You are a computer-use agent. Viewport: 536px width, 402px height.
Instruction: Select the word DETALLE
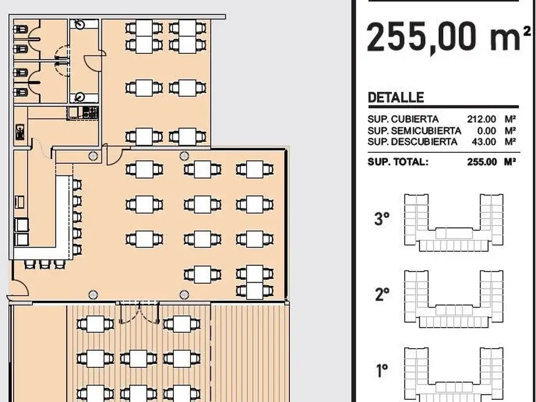tap(396, 98)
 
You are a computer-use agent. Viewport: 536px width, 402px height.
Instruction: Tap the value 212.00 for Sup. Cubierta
tap(482, 119)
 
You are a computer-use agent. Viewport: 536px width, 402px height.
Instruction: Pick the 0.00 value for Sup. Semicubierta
tap(486, 131)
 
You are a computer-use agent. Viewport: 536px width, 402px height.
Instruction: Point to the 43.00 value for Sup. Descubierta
tap(484, 142)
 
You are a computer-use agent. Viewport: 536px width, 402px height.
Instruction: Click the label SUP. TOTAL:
tap(398, 162)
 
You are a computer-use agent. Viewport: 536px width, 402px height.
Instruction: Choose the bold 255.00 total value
tap(482, 162)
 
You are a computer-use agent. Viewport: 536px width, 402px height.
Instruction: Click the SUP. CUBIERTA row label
tap(403, 119)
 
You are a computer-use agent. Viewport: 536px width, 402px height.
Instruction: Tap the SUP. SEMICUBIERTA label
tap(415, 131)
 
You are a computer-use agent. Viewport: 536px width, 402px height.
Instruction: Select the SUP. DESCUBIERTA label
tap(412, 142)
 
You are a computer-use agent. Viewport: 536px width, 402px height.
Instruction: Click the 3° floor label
tap(382, 219)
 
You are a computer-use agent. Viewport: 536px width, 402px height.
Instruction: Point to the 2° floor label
tap(382, 294)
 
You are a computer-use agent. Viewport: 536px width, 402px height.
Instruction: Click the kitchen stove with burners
tap(91, 113)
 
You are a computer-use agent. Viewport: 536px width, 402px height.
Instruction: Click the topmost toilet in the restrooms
tap(20, 29)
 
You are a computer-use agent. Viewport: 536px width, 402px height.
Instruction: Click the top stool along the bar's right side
tap(77, 185)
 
